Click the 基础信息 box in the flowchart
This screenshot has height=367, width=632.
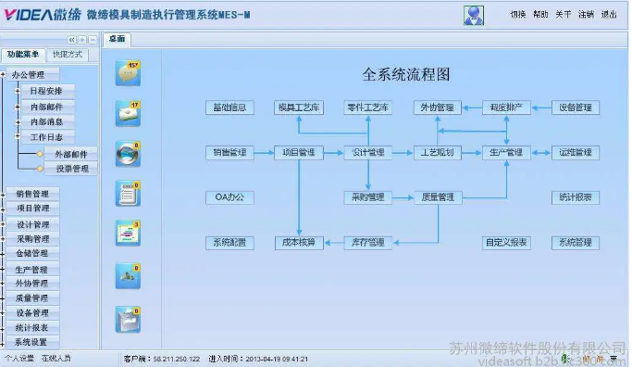(x=229, y=108)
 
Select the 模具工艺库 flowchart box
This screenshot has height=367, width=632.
(x=298, y=108)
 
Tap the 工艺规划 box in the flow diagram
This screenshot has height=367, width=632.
(x=437, y=152)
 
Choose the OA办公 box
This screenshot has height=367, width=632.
(x=229, y=197)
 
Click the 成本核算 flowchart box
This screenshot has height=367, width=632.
(x=298, y=243)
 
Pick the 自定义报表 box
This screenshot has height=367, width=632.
(x=506, y=243)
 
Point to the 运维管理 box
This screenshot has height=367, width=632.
(x=576, y=152)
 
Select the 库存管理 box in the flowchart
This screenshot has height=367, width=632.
(x=367, y=243)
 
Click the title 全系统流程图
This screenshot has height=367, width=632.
(x=405, y=74)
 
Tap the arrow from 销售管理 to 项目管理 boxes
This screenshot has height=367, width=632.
(x=264, y=152)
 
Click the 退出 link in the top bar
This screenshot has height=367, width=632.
(x=609, y=15)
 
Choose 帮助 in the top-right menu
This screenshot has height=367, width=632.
(x=541, y=15)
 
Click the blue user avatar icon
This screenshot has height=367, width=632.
(x=474, y=15)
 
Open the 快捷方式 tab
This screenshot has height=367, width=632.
(x=68, y=55)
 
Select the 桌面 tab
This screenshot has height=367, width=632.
(x=117, y=40)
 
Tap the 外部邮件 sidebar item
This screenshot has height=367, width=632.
(x=70, y=154)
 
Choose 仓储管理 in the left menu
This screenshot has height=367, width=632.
(x=32, y=253)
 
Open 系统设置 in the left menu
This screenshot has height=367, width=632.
(x=31, y=342)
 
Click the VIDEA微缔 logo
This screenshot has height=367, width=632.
(x=40, y=14)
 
